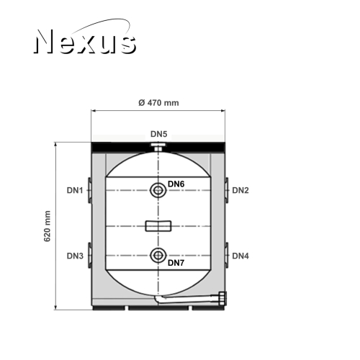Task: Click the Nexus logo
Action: pyautogui.click(x=85, y=37)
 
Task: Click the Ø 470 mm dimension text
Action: pyautogui.click(x=158, y=103)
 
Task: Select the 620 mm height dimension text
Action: pyautogui.click(x=48, y=226)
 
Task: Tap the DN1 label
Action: pyautogui.click(x=75, y=190)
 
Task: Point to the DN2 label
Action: pyautogui.click(x=240, y=190)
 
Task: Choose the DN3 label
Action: pyautogui.click(x=75, y=256)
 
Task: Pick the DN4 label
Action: pyautogui.click(x=240, y=256)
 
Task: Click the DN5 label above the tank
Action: pyautogui.click(x=158, y=134)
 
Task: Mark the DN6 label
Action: pyautogui.click(x=176, y=184)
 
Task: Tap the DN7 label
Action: pyautogui.click(x=176, y=263)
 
